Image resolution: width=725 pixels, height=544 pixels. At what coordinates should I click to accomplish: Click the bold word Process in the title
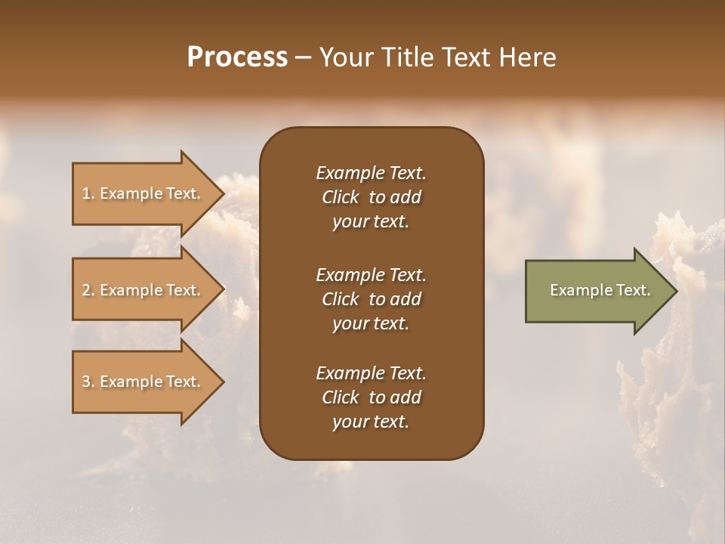237,57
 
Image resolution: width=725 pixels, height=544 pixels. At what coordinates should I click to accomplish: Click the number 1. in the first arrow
88,193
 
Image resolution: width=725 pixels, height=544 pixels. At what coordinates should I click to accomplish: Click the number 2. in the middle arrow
88,290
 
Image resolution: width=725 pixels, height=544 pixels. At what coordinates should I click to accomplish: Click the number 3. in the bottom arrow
88,382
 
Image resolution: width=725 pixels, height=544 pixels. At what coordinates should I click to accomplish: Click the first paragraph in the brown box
371,197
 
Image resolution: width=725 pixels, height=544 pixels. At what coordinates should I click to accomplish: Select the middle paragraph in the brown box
371,299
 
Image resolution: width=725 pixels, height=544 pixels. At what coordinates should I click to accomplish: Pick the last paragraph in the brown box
371,397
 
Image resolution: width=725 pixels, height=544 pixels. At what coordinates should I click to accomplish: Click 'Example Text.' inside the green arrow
600,290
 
